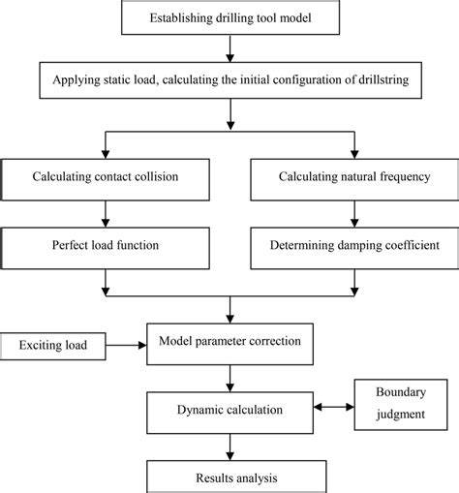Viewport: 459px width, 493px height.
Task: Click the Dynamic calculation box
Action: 229,410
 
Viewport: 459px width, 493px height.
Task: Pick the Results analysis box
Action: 229,477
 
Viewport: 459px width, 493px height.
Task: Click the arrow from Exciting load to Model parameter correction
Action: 123,343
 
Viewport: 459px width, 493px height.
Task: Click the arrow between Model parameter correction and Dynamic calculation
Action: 229,376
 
